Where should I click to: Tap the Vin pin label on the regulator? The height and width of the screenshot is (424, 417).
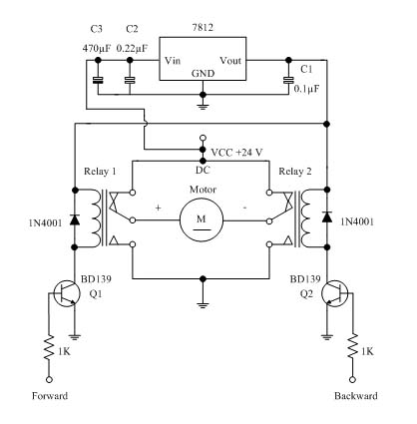173,61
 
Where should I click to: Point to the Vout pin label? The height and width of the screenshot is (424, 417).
230,61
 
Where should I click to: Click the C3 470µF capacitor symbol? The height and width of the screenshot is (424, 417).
98,80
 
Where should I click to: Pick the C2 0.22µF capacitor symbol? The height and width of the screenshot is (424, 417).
130,80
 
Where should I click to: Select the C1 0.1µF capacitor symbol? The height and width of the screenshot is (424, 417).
288,80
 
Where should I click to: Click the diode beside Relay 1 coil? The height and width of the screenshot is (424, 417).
75,219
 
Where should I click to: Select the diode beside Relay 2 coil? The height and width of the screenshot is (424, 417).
327,217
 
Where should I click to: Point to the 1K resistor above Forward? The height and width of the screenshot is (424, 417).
49,347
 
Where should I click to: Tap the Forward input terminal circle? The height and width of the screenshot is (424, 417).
49,379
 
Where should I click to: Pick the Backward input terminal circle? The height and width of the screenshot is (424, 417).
353,379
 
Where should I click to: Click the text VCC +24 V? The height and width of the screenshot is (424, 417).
236,153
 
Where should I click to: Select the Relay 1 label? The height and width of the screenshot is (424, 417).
100,172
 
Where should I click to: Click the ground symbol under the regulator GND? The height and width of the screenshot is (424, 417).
204,106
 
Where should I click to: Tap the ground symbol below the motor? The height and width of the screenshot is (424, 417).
202,305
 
